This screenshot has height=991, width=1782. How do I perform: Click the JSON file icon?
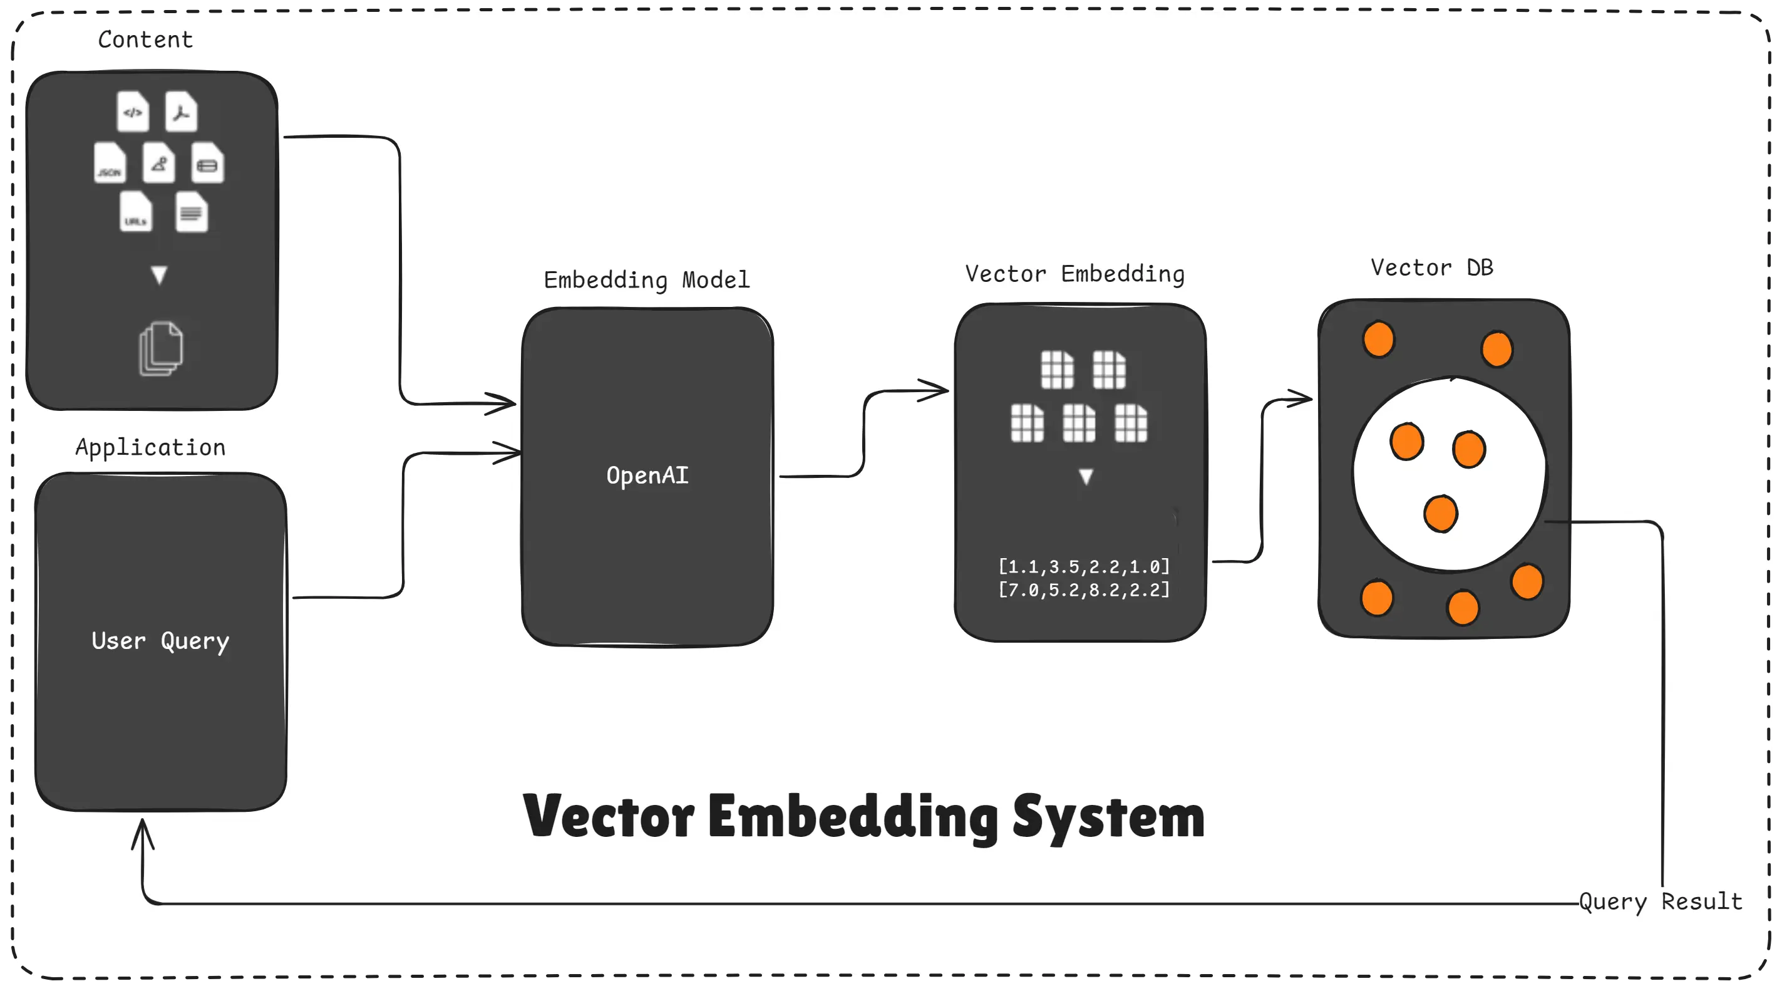[110, 163]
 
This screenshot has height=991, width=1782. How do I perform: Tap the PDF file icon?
[181, 112]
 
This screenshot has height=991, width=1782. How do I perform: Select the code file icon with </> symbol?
[133, 112]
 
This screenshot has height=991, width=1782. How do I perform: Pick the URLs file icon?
[136, 212]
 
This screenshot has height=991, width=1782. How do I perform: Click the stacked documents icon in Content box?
[161, 348]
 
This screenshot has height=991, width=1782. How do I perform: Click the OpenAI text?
[647, 475]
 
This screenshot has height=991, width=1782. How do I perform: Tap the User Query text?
[160, 641]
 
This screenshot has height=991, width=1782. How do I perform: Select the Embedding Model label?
[647, 279]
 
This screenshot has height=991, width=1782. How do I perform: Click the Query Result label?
[1661, 901]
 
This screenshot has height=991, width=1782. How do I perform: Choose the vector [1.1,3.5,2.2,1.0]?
[1084, 567]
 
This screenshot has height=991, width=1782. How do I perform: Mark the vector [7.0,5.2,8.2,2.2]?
[1084, 589]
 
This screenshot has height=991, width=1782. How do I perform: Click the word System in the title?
[1108, 817]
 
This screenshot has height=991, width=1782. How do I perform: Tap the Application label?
[151, 447]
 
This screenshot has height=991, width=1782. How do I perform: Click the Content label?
[145, 39]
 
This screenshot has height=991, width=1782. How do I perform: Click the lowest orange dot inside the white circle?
[1441, 514]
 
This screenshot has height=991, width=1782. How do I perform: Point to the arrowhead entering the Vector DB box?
[1300, 398]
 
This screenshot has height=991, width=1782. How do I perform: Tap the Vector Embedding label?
[1075, 273]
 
